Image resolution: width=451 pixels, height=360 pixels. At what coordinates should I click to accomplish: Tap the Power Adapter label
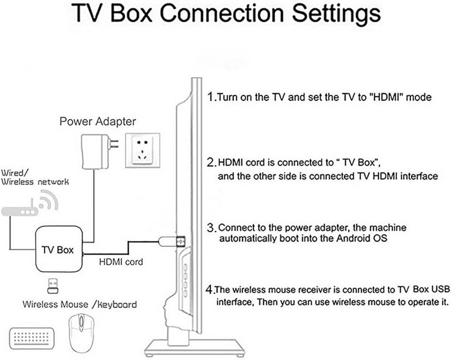(x=98, y=121)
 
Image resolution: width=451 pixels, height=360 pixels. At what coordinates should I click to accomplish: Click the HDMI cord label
(x=121, y=262)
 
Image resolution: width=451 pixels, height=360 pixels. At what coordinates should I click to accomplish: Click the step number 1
(x=211, y=96)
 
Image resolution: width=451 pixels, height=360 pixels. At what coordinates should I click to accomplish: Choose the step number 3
(x=211, y=229)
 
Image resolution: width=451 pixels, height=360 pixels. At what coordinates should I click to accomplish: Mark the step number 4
(x=209, y=290)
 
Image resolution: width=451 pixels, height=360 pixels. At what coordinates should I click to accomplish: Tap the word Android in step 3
(x=353, y=239)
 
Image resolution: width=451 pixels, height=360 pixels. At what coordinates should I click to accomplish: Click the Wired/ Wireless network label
(x=35, y=177)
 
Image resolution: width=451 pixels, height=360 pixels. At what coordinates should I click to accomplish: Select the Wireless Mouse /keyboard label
(x=79, y=305)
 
